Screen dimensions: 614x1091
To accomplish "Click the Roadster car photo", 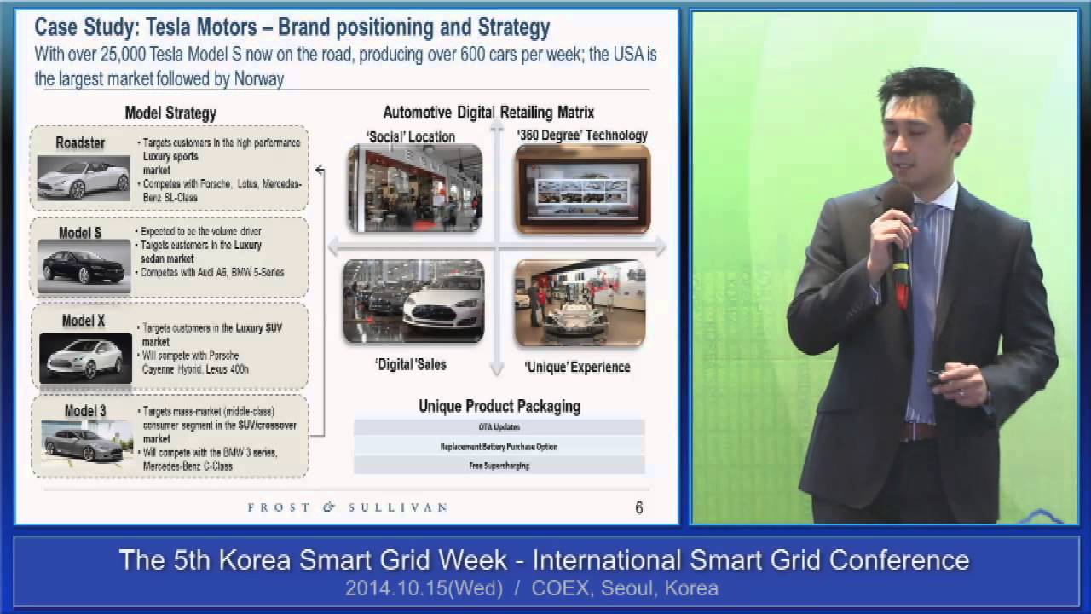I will (83, 178).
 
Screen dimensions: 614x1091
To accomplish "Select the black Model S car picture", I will (84, 265).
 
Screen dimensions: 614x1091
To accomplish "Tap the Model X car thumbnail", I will (85, 356).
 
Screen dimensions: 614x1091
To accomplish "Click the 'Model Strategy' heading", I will (170, 113).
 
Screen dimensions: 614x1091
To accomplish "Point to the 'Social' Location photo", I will (414, 188).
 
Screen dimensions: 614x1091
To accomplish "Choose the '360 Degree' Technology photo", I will (582, 188).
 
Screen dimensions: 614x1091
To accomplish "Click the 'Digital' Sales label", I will (411, 364).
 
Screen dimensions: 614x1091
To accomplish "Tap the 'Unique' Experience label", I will (577, 367).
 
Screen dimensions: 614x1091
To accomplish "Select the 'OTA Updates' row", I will (499, 426).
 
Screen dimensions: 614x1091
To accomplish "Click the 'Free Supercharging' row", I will (499, 466).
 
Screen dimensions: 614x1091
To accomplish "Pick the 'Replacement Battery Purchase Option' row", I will (499, 446).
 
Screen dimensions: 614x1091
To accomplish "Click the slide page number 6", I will (639, 508).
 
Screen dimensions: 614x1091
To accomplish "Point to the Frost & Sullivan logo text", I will (347, 507).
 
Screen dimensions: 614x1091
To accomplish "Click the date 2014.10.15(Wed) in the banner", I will (424, 588).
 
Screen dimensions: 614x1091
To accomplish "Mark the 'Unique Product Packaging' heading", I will (499, 406).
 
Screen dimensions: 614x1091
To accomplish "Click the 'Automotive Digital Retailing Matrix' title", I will (488, 113).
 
